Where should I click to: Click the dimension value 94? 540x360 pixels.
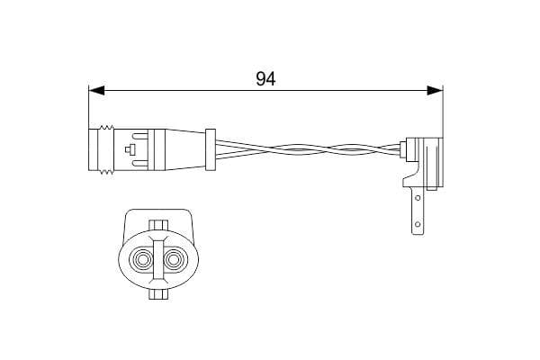click(x=264, y=78)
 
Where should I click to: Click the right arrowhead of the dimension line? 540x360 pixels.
click(x=435, y=90)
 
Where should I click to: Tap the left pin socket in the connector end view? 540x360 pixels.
click(x=141, y=262)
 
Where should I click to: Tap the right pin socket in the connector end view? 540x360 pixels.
click(x=175, y=262)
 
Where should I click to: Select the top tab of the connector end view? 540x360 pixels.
click(x=158, y=225)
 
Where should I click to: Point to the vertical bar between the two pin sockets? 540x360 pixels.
click(x=158, y=261)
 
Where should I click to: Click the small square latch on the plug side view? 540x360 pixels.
click(x=132, y=148)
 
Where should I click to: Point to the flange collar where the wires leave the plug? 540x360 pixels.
click(x=211, y=148)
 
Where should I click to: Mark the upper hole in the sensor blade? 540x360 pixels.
click(x=416, y=192)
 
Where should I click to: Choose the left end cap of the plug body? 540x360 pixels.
click(x=96, y=148)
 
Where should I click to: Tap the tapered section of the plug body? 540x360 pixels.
click(x=184, y=148)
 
